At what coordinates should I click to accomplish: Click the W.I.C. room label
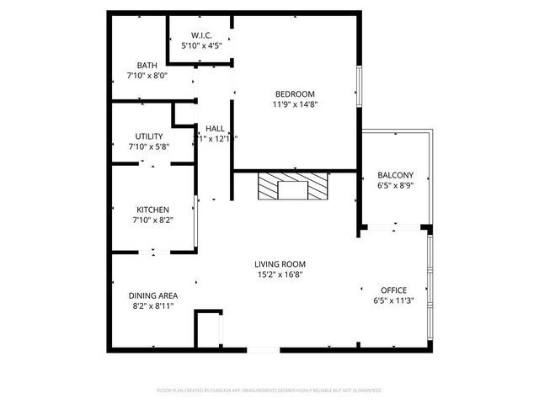200,35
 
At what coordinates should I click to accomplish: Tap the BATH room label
147,65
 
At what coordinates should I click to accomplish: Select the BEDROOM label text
295,93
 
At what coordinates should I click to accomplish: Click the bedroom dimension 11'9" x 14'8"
295,104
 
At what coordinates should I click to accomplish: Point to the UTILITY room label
149,136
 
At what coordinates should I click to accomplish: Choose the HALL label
215,128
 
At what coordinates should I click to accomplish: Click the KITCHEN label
153,210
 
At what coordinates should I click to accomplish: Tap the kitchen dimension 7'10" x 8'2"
153,221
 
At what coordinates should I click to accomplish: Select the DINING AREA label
152,295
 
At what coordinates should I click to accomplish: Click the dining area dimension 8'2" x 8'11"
152,306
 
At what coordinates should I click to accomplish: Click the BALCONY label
395,174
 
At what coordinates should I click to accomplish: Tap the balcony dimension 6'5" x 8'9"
395,185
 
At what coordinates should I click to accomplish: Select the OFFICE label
394,290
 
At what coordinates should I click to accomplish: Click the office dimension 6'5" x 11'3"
394,300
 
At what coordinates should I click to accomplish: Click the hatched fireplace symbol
293,186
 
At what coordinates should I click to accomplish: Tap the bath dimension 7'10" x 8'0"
141,76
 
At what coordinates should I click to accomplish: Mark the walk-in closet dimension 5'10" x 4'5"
200,46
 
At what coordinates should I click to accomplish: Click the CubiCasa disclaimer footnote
269,391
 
